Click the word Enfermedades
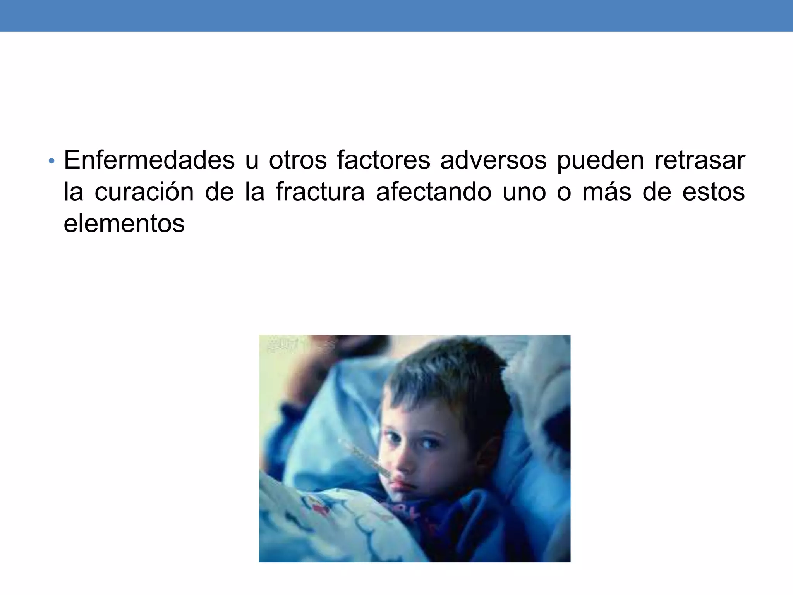coord(149,160)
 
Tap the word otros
coord(297,160)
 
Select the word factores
coord(383,160)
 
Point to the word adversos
coord(493,160)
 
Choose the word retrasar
coord(699,160)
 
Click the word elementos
coord(124,224)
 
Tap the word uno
coord(524,193)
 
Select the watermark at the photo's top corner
coord(298,345)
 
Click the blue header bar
coord(396,15)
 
